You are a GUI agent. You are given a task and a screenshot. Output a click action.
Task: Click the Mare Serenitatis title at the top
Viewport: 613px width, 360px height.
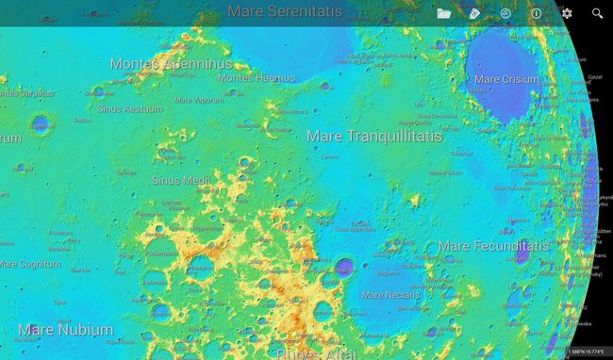[x=285, y=12]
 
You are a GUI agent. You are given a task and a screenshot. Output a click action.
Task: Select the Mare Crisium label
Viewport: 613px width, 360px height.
[x=506, y=80]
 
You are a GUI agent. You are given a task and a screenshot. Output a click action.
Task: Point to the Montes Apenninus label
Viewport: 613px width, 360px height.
[x=171, y=64]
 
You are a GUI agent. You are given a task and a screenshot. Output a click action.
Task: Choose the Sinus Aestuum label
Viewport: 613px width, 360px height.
[x=130, y=108]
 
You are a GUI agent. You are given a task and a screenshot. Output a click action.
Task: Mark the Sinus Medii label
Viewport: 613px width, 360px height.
[x=181, y=179]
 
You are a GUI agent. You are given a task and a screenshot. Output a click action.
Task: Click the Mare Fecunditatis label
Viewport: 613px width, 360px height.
[x=493, y=246]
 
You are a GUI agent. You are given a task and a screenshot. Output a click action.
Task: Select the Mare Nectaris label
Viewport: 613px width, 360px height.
[x=390, y=294]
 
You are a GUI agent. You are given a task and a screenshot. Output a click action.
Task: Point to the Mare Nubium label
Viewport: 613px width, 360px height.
[x=66, y=330]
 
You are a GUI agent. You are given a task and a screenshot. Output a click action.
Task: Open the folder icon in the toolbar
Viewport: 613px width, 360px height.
[x=444, y=13]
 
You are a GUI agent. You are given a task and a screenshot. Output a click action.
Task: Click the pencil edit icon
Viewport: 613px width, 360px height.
[x=474, y=13]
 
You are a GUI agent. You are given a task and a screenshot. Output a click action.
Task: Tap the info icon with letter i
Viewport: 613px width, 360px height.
[x=536, y=13]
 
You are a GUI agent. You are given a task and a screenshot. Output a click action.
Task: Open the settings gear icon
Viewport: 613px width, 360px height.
[x=567, y=13]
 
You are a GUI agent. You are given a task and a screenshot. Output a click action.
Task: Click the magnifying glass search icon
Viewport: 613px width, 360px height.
[x=597, y=13]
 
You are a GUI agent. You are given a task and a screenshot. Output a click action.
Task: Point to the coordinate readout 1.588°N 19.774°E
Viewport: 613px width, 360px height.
[x=588, y=352]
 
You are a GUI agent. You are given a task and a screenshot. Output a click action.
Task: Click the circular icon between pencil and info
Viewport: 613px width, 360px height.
[x=505, y=13]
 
